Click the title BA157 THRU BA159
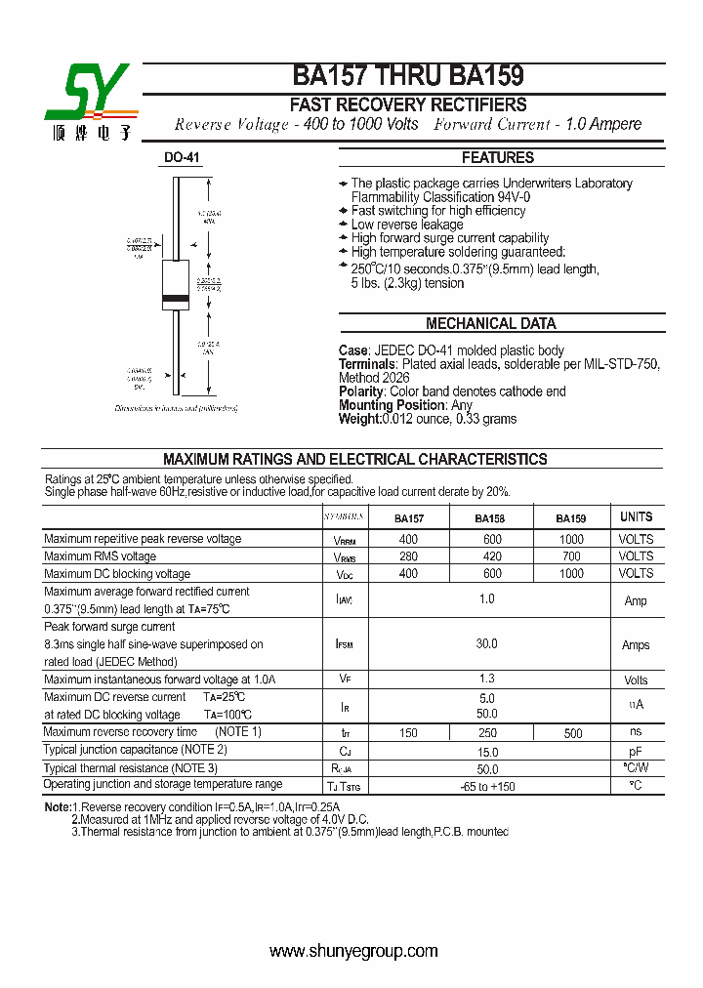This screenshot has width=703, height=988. [x=408, y=77]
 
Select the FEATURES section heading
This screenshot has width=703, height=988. [x=497, y=157]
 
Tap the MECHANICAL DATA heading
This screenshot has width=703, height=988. [x=490, y=323]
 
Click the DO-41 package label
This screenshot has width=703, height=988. [x=181, y=157]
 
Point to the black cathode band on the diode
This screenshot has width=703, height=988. [x=175, y=297]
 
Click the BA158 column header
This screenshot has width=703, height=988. [x=489, y=518]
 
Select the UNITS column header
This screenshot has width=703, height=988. [x=636, y=516]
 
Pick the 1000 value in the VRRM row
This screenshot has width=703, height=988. [x=571, y=539]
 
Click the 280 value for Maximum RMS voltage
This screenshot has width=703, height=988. [x=408, y=556]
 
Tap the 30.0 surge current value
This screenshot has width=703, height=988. [x=486, y=644]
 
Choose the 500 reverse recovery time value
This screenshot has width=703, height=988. [x=572, y=733]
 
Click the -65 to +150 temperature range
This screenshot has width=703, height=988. [x=487, y=786]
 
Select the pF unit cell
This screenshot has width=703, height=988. [x=636, y=752]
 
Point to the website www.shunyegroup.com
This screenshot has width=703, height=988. [x=352, y=950]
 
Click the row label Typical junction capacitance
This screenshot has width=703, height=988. [x=135, y=750]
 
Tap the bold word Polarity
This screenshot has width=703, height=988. [x=361, y=391]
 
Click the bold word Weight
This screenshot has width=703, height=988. [x=358, y=419]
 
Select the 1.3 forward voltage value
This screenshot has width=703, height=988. [x=487, y=679]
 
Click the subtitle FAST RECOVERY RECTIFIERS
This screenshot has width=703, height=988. [x=408, y=104]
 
